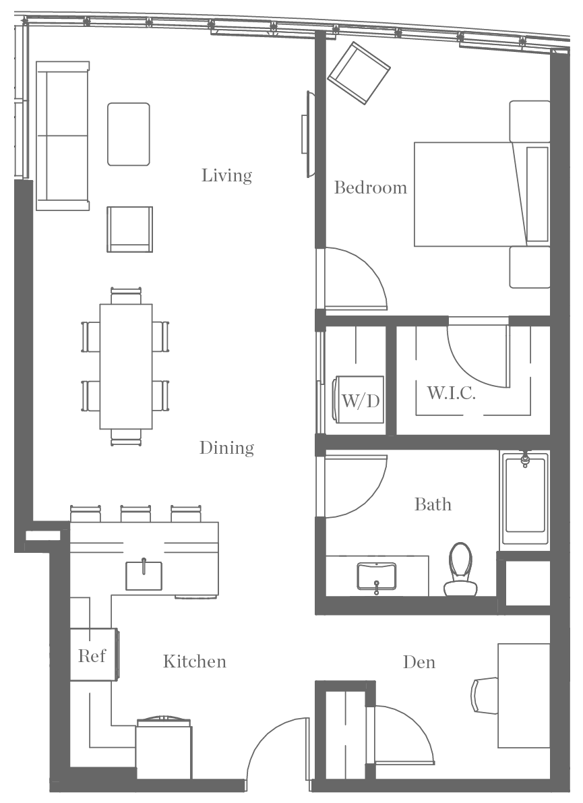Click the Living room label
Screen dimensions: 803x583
[x=226, y=175]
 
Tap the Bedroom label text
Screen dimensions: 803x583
[x=371, y=187]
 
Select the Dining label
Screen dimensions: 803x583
[x=226, y=448]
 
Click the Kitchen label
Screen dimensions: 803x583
[x=194, y=661]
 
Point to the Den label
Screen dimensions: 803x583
[x=419, y=662]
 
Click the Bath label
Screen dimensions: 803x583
[x=433, y=504]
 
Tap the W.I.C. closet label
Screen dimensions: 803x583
[x=451, y=393]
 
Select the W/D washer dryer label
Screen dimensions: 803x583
[x=361, y=401]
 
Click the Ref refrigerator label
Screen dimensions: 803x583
[x=91, y=655]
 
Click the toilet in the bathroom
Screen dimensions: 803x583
[x=461, y=570]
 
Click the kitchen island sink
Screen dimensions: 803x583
[x=144, y=574]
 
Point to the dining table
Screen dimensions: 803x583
[x=126, y=366]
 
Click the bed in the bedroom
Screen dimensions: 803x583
[x=472, y=194]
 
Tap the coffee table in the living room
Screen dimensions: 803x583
[x=129, y=134]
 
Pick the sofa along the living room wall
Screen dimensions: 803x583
[x=62, y=135]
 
